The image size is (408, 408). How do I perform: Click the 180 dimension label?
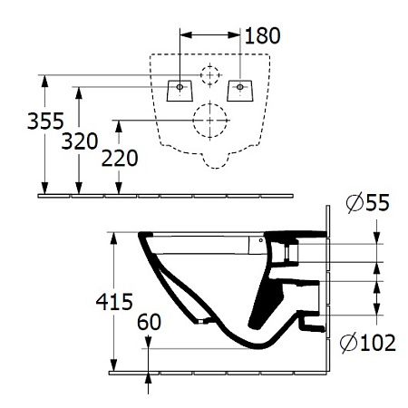pos(262,35)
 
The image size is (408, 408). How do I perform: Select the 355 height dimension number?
pos(45,121)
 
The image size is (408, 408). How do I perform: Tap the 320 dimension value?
pos(80,141)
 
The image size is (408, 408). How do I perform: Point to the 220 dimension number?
pos(120,158)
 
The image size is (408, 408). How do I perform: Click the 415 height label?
pos(114,302)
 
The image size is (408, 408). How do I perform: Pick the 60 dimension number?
pos(149,322)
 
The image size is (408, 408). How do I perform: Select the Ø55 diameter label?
pos(368,202)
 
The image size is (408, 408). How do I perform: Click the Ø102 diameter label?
pos(368,343)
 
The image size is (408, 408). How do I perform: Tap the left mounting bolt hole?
pos(180,87)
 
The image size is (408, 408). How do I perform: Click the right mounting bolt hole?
pos(240,87)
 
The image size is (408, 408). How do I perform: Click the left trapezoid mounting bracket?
pos(180,91)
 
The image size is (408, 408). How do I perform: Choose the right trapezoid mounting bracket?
pos(240,91)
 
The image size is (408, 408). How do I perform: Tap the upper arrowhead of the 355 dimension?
pos(45,81)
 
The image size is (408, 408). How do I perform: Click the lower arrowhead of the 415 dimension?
pos(113,365)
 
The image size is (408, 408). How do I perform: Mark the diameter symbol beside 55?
pos(355,202)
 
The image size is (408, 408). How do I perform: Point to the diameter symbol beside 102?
pos(348,343)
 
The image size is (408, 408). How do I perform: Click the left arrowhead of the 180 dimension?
pos(186,35)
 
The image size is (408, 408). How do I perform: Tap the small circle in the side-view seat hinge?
pos(261,240)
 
